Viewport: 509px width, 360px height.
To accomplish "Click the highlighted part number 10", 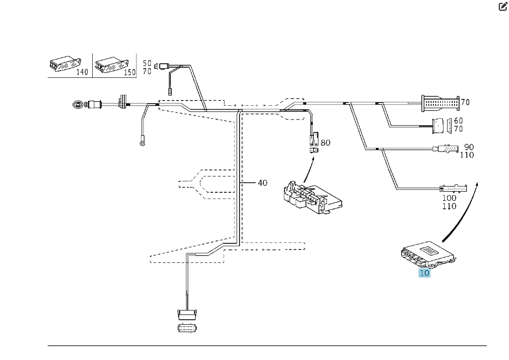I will (424, 272).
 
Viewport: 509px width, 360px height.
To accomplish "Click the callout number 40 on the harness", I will (262, 183).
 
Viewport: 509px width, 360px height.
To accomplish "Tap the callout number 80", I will (325, 142).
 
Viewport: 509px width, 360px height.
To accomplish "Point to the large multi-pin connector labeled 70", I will (439, 103).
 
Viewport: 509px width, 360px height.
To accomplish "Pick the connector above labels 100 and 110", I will (452, 188).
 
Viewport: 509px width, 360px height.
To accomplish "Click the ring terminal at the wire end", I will (142, 143).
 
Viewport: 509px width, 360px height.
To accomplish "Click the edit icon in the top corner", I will (502, 7).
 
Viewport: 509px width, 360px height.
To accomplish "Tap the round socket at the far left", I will (77, 105).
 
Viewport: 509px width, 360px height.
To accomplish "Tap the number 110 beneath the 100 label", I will (449, 206).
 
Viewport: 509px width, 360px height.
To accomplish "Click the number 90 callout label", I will (469, 147).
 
